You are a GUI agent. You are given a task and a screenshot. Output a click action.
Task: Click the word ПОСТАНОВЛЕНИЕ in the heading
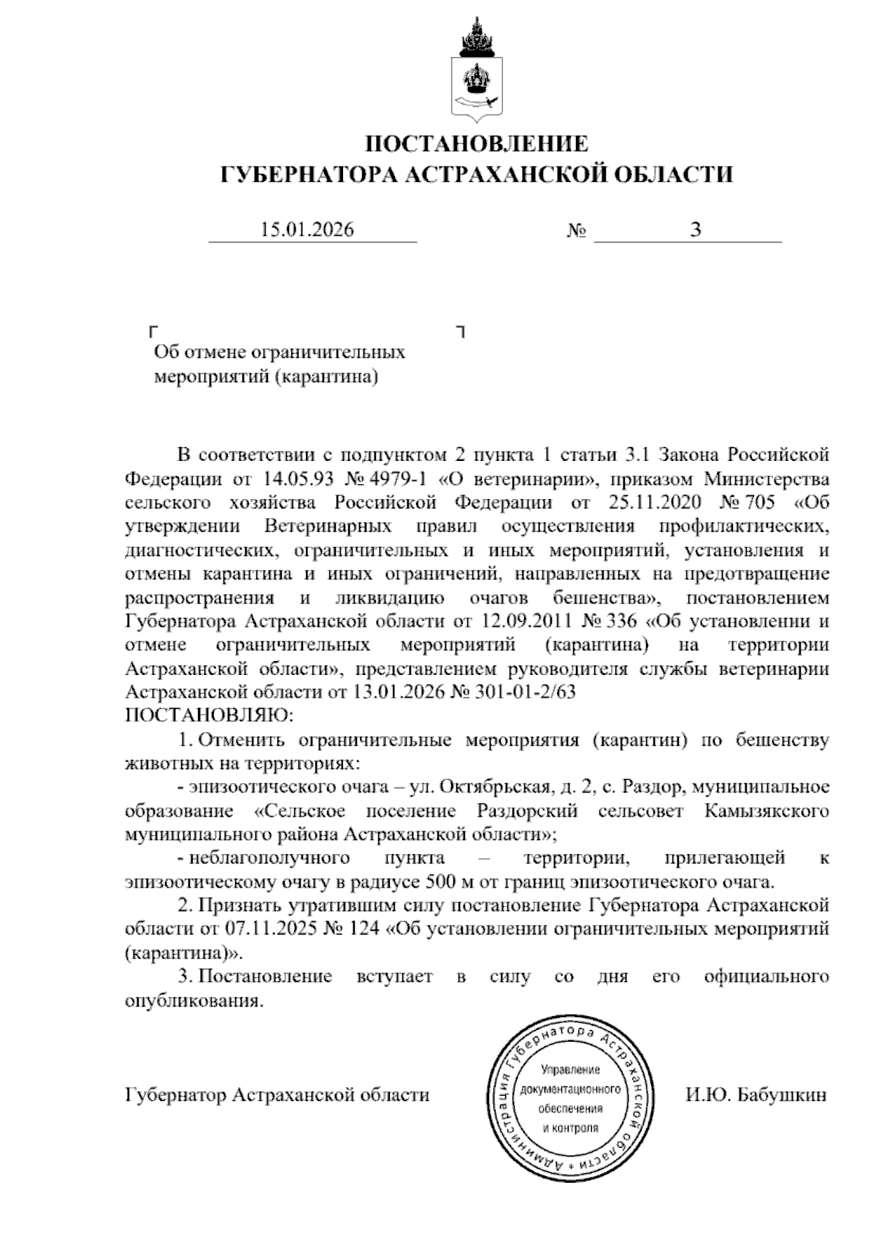click(x=476, y=142)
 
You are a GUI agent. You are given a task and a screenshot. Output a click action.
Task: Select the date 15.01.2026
click(x=307, y=230)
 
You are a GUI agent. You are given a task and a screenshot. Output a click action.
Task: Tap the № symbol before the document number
click(x=577, y=232)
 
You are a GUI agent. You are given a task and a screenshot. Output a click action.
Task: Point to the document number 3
click(x=696, y=230)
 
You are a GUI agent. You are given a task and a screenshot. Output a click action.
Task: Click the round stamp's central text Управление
click(x=570, y=1070)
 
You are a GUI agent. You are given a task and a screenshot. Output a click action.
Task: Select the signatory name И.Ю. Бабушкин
click(x=756, y=1095)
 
